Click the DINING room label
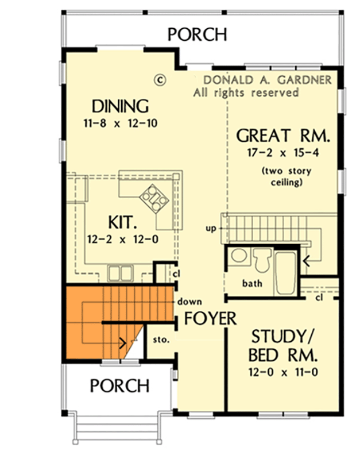[121, 106]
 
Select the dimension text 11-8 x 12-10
[121, 123]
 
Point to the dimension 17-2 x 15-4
[284, 153]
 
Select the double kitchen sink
[120, 272]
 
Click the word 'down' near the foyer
[189, 301]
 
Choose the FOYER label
[210, 318]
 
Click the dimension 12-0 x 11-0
[284, 371]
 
